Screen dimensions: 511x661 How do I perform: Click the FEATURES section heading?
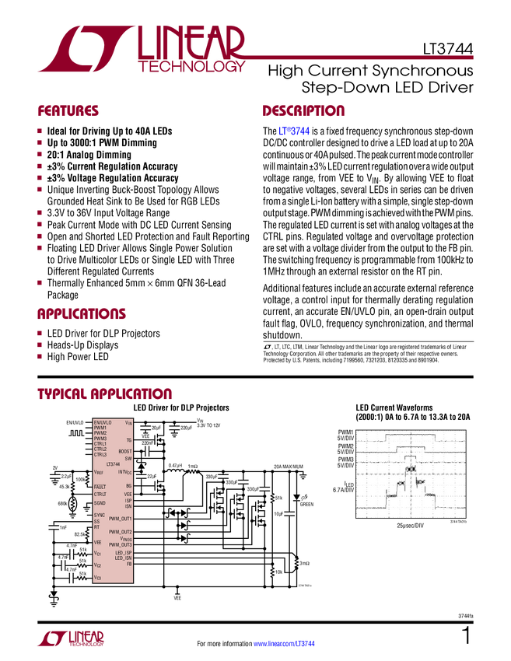68,111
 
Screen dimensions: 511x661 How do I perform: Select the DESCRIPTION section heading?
304,111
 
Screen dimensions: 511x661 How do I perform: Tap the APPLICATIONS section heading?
82,314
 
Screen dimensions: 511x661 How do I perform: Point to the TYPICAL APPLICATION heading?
105,393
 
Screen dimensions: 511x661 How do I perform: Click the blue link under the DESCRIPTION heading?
295,132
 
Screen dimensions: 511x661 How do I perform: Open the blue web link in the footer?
285,643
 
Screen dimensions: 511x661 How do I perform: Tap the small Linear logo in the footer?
70,638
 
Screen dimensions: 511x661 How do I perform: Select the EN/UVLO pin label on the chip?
103,422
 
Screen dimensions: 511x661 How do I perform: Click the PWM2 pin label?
100,433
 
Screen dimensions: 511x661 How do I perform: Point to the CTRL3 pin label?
100,455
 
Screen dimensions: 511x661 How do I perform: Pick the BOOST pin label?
124,451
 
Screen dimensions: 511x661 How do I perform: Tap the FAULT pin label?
100,486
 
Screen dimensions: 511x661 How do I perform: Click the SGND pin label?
100,503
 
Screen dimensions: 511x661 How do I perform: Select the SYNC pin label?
100,516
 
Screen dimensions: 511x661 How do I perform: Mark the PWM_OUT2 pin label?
120,532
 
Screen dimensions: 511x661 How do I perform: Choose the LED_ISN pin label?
124,558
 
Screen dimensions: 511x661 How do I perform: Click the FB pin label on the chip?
129,564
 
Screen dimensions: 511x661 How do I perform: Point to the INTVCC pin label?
124,472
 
